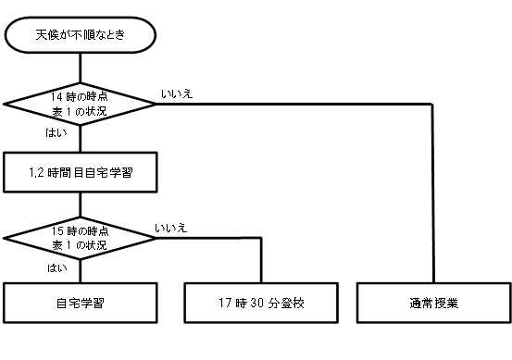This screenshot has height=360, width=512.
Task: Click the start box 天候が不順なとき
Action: click(81, 35)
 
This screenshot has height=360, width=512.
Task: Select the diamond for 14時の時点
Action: click(80, 105)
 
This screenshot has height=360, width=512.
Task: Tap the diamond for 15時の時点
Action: click(80, 238)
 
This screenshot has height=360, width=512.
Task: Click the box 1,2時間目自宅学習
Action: click(81, 172)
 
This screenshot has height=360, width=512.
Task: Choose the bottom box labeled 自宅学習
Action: click(81, 303)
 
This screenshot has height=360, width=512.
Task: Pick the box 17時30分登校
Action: click(261, 303)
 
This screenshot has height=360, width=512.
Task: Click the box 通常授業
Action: click(433, 303)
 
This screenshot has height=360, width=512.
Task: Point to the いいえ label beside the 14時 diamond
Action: click(177, 94)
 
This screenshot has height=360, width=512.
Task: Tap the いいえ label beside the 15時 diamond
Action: click(170, 229)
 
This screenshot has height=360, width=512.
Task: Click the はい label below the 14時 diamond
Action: click(56, 133)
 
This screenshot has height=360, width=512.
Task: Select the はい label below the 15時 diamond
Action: click(57, 268)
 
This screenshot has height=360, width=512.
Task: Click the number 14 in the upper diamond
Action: click(56, 97)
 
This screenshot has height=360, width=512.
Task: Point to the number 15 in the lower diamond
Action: click(57, 231)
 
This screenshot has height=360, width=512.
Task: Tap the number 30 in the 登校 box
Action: click(257, 304)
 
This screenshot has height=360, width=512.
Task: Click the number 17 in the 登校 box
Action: click(225, 304)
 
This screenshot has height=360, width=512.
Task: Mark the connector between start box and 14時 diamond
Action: click(81, 68)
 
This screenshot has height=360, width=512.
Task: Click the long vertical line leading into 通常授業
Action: click(433, 193)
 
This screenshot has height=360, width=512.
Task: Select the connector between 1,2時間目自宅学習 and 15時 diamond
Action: click(81, 205)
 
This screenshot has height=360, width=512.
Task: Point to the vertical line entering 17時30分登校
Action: click(261, 260)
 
